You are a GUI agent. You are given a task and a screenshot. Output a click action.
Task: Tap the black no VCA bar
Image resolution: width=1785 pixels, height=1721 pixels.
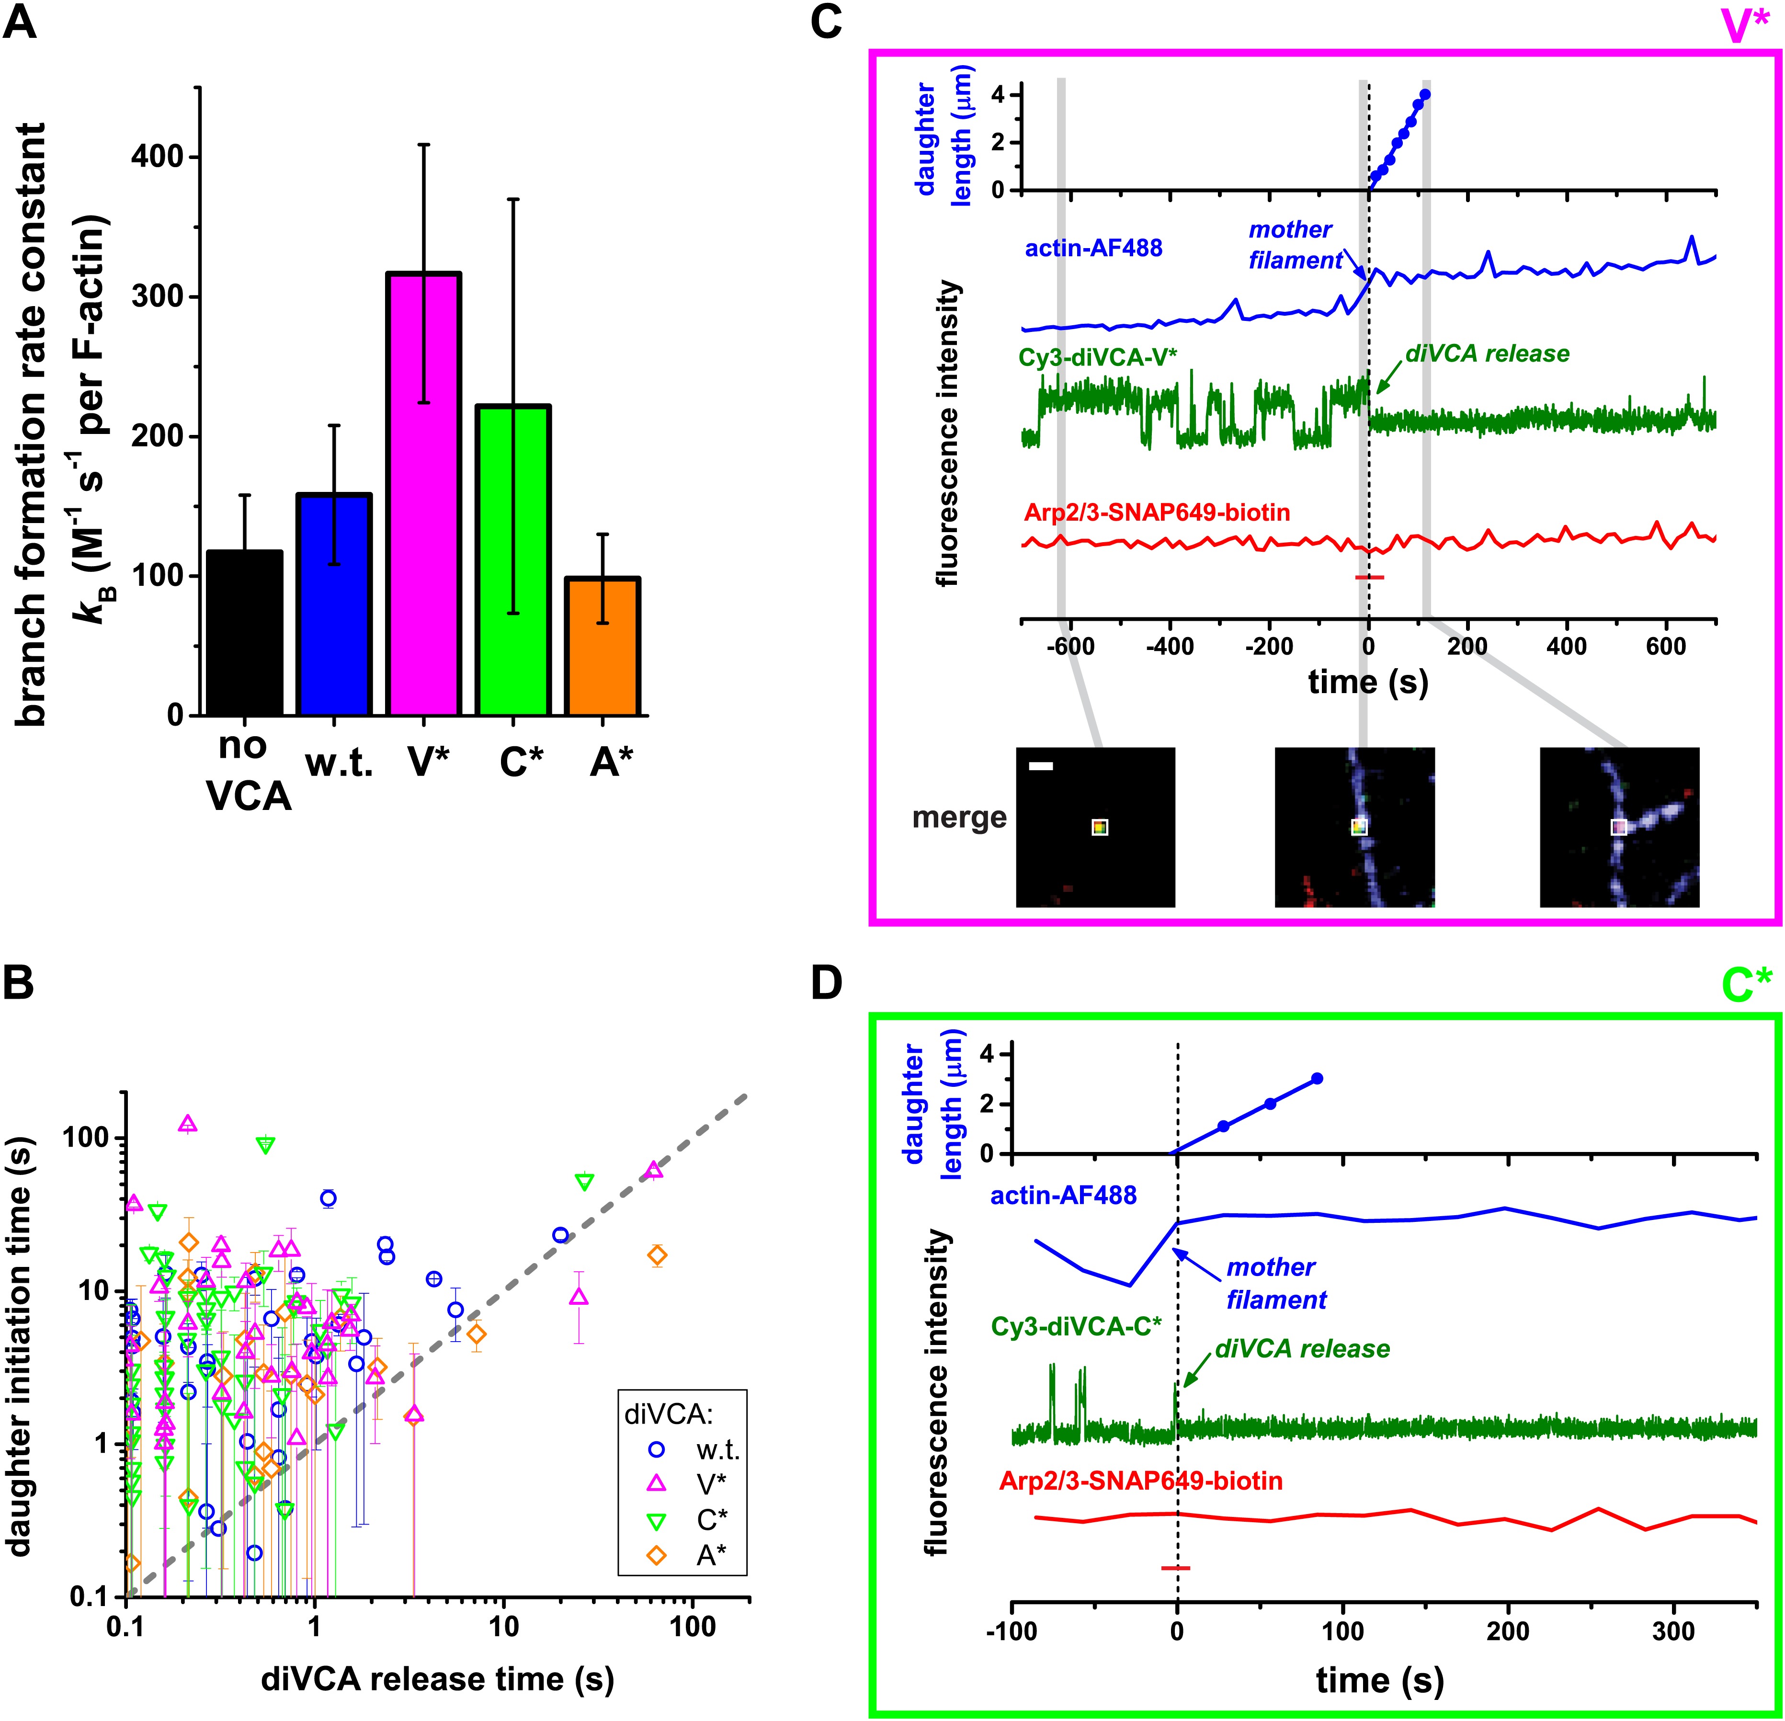pyautogui.click(x=244, y=633)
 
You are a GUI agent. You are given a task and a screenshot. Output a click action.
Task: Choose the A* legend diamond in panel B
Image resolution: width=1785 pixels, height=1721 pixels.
pyautogui.click(x=656, y=1556)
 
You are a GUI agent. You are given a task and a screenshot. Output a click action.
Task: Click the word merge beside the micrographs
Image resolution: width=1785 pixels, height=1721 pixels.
pyautogui.click(x=959, y=818)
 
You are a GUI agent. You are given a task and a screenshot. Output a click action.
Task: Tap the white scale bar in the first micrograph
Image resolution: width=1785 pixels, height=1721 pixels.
pyautogui.click(x=1041, y=767)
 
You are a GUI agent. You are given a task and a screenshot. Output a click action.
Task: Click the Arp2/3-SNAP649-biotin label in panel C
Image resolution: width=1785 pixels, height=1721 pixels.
pyautogui.click(x=1157, y=513)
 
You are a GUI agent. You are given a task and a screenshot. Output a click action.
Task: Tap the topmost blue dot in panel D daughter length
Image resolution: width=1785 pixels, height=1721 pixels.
pyautogui.click(x=1317, y=1078)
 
